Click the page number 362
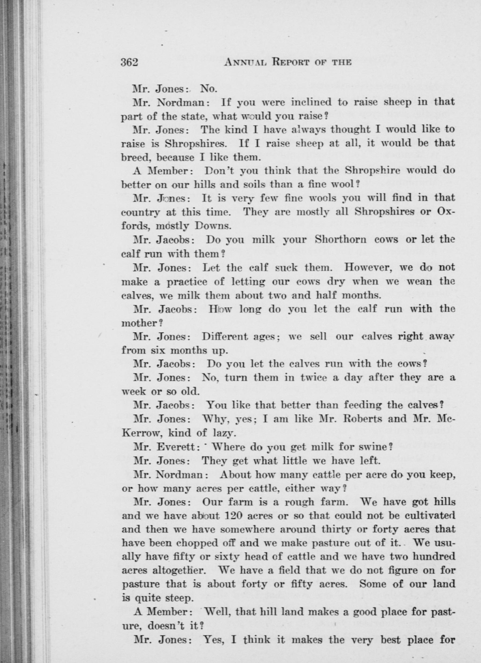(x=129, y=62)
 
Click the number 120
(x=233, y=516)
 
